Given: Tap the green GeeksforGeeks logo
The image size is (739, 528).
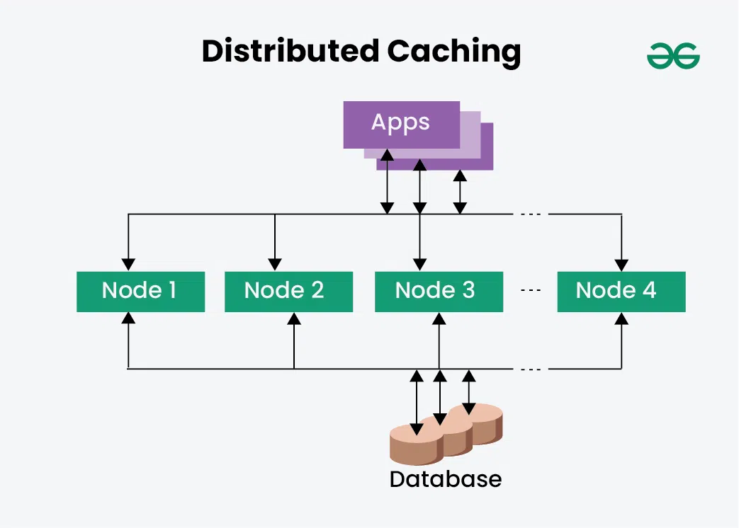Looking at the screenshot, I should (x=672, y=56).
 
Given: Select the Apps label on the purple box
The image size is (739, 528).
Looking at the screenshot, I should (x=400, y=122).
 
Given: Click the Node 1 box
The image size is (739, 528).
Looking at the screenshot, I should (x=140, y=291).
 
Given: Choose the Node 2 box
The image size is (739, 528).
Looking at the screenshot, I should (x=288, y=291).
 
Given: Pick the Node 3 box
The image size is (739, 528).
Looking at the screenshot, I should (x=439, y=291).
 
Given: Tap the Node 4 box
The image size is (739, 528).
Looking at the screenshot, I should (x=621, y=291).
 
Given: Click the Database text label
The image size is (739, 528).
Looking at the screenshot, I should (x=445, y=479).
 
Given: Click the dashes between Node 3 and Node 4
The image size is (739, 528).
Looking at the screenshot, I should (x=530, y=291).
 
